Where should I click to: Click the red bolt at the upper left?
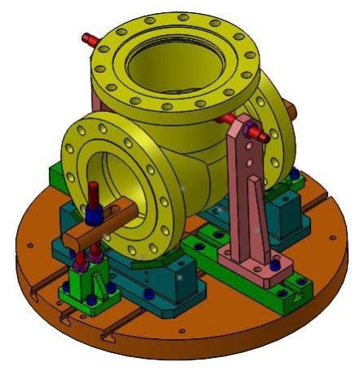[x=88, y=38]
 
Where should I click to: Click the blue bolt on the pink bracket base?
[x=274, y=264]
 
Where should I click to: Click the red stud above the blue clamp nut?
[x=94, y=194]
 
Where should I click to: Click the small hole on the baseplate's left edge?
[x=30, y=244]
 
